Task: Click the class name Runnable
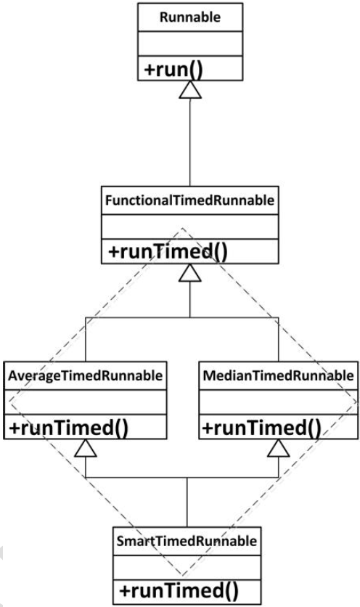[x=190, y=17]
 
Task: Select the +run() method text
[x=173, y=69]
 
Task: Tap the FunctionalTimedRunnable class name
[x=189, y=200]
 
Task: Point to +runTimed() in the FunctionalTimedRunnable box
[x=168, y=252]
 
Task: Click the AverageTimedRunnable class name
[x=85, y=375]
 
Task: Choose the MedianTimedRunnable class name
[x=278, y=375]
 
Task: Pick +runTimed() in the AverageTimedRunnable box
[x=68, y=428]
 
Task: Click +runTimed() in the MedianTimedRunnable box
[x=262, y=428]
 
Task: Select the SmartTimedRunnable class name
[x=187, y=541]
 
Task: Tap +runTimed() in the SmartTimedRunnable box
[x=179, y=591]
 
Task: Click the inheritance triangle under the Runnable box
[x=190, y=90]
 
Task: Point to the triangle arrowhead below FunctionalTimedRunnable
[x=189, y=273]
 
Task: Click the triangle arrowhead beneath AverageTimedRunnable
[x=85, y=448]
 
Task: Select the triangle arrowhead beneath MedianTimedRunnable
[x=278, y=448]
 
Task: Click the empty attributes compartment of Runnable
[x=190, y=44]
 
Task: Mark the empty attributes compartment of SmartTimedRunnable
[x=187, y=568]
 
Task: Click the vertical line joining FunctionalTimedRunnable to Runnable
[x=190, y=142]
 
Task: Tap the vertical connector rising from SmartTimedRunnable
[x=187, y=502]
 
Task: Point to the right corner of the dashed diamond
[x=356, y=402]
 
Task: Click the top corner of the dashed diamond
[x=182, y=228]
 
